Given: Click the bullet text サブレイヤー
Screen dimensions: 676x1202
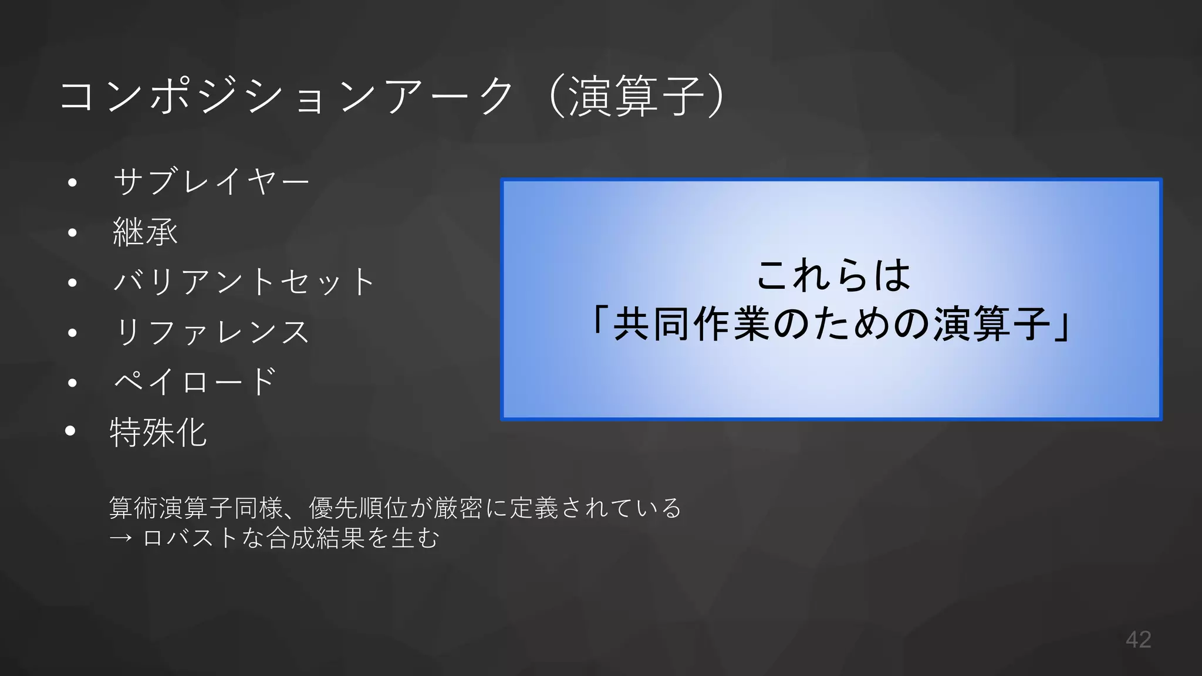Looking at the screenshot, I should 211,182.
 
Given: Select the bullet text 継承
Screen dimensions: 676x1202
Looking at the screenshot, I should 145,232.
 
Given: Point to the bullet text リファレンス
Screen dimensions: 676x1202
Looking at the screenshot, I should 212,332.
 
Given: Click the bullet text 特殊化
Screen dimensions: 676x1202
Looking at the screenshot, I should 158,432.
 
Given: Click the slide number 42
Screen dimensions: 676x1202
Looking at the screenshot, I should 1138,640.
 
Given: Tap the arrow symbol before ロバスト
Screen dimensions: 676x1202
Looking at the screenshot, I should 120,538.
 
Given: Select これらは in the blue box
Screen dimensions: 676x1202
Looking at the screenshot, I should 833,275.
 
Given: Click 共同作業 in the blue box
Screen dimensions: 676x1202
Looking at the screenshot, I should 692,324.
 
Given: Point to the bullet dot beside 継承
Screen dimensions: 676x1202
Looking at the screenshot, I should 72,233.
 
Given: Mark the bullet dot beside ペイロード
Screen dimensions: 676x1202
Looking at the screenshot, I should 72,383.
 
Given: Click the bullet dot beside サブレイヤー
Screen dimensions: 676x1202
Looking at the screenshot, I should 72,182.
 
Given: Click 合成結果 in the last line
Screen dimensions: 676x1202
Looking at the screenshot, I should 316,538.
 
